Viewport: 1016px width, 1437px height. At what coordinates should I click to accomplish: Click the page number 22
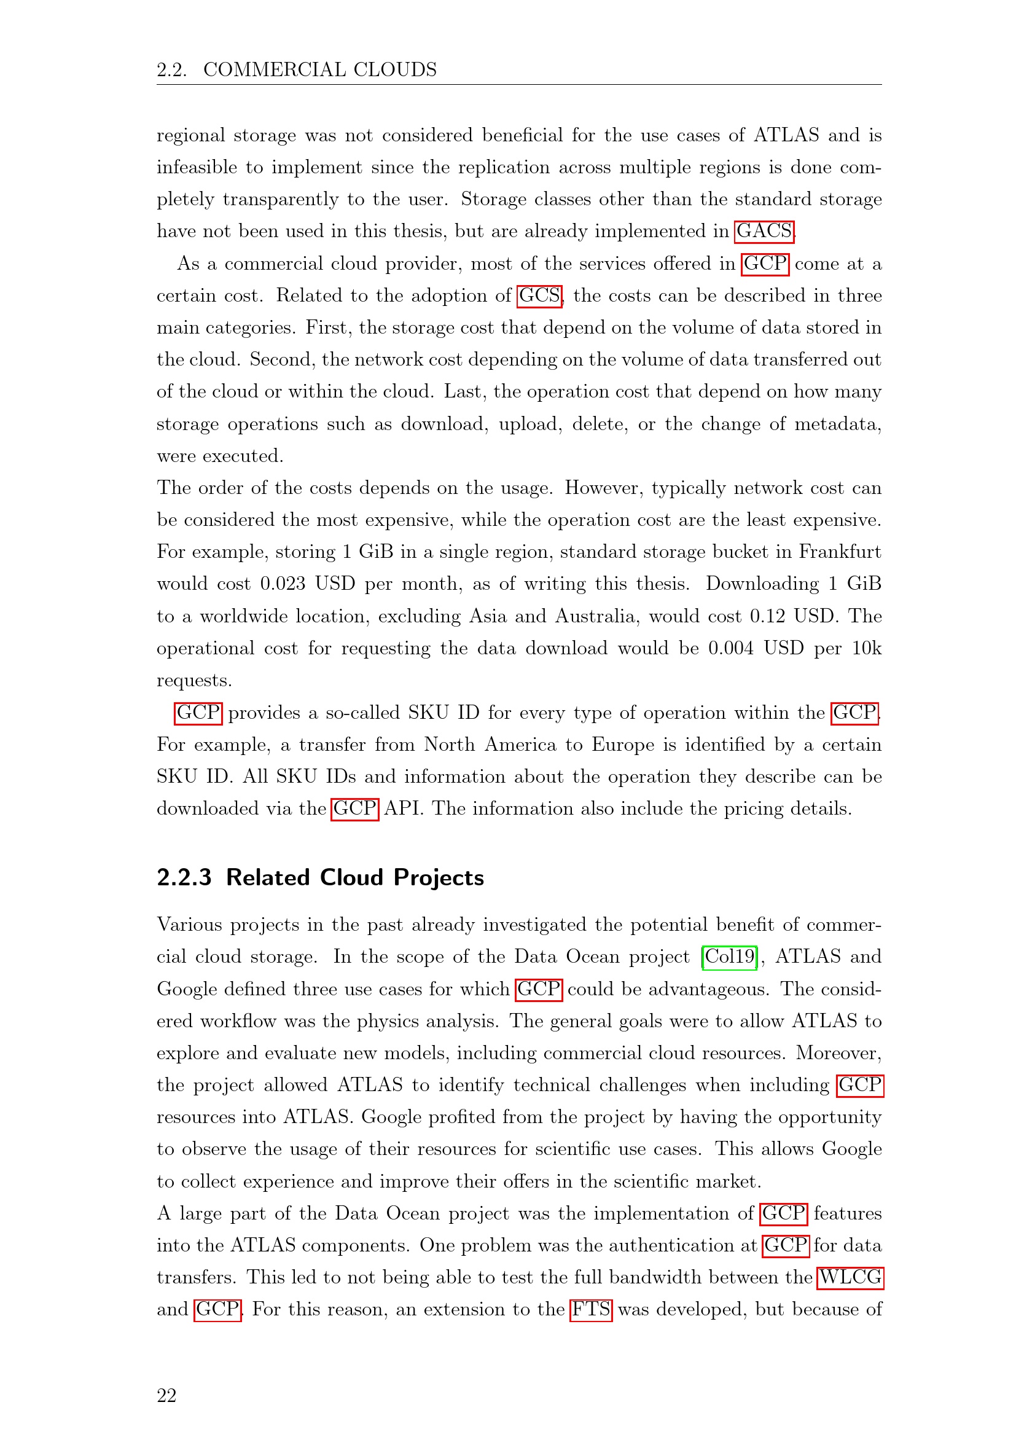pyautogui.click(x=166, y=1395)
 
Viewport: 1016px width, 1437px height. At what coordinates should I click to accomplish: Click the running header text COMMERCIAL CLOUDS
pyautogui.click(x=319, y=69)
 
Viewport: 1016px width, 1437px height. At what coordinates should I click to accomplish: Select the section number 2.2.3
pyautogui.click(x=184, y=877)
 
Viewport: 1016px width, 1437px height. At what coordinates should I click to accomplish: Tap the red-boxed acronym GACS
pyautogui.click(x=764, y=231)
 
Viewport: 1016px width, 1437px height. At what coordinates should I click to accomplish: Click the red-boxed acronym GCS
pyautogui.click(x=539, y=296)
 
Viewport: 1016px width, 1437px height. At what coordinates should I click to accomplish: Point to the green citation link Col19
pyautogui.click(x=730, y=957)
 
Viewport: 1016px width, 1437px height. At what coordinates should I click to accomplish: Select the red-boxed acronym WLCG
pyautogui.click(x=850, y=1277)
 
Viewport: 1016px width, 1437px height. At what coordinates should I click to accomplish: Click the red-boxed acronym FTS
pyautogui.click(x=590, y=1309)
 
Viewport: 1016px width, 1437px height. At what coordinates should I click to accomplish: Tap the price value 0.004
pyautogui.click(x=731, y=648)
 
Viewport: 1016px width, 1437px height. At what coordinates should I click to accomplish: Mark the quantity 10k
pyautogui.click(x=867, y=648)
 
